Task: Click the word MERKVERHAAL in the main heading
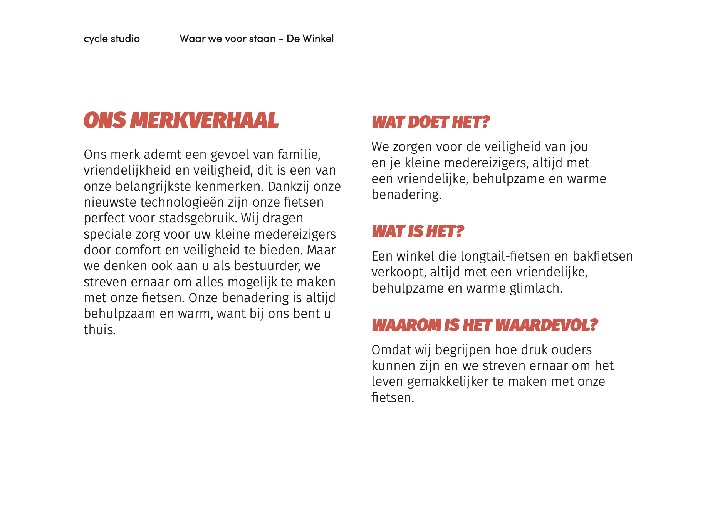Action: tap(204, 120)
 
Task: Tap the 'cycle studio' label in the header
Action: tap(112, 39)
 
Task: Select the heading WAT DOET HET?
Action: tap(430, 122)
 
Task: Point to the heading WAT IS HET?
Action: tap(418, 232)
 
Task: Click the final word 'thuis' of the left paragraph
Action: tap(99, 330)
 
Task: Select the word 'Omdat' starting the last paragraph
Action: tap(391, 350)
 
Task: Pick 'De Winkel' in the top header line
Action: tap(310, 39)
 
